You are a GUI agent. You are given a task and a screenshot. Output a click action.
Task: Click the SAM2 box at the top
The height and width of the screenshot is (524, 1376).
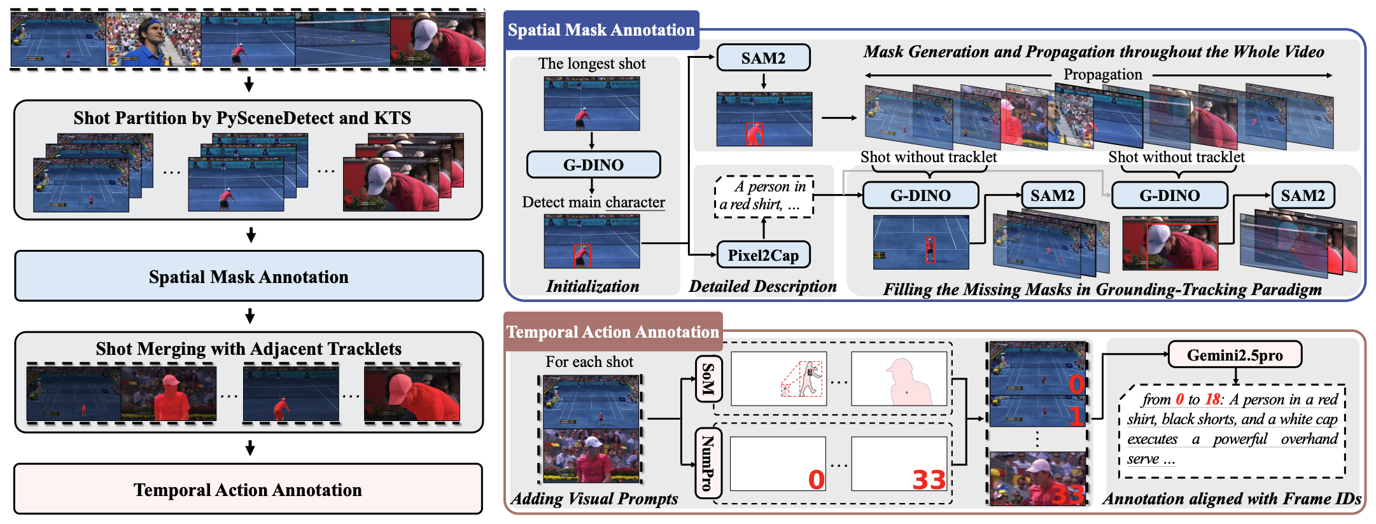[x=763, y=58]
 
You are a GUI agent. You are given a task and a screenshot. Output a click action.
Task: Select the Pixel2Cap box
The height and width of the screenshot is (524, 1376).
[x=763, y=255]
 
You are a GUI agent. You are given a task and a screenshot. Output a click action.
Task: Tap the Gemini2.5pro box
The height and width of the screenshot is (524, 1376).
[x=1235, y=355]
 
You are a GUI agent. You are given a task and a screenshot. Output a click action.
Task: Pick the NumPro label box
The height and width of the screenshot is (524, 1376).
[x=708, y=462]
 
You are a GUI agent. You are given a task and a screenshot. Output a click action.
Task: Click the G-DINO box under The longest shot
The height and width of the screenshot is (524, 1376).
[x=593, y=165]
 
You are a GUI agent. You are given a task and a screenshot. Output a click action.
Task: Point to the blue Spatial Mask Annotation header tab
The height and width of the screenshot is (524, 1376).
[x=601, y=30]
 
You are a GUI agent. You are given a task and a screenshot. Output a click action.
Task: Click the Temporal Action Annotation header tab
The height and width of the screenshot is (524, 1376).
[x=612, y=332]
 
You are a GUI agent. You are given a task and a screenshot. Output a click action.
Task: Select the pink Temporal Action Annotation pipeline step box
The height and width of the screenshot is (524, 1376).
[x=248, y=490]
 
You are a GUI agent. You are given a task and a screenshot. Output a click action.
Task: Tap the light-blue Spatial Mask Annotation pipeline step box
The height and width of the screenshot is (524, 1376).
[x=248, y=277]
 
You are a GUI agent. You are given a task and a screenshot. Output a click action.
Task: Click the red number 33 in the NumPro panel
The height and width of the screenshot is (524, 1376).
[x=929, y=479]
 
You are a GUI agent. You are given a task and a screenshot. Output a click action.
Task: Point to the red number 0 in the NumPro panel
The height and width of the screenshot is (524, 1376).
[x=816, y=479]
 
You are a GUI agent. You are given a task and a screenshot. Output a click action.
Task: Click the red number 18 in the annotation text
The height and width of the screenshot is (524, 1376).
[x=1212, y=400]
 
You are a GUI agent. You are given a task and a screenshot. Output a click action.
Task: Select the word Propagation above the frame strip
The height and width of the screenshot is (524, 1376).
[x=1102, y=74]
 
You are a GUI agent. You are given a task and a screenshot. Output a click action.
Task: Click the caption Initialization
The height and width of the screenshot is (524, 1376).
[x=593, y=287]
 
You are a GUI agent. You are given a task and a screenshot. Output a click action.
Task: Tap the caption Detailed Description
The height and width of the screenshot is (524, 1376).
[x=762, y=287]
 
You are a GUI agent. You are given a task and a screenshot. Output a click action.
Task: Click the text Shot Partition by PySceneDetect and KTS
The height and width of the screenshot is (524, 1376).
[x=242, y=118]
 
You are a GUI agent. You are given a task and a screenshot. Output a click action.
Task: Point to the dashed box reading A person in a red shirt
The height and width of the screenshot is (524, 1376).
[x=764, y=197]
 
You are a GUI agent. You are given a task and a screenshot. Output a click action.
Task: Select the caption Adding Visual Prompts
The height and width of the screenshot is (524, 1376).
[x=594, y=499]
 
